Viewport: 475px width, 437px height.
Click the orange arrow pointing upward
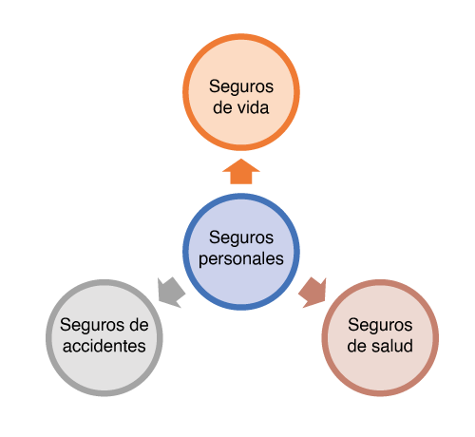[x=241, y=173]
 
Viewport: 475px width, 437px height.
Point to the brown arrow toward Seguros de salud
[x=312, y=292]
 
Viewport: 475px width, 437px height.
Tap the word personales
[x=241, y=258]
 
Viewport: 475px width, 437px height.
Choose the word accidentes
[x=104, y=346]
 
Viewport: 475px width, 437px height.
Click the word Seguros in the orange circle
[x=241, y=85]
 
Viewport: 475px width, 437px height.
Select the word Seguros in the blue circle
[x=241, y=237]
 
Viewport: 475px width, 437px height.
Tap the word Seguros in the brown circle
[x=380, y=324]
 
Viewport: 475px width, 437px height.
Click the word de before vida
[x=224, y=107]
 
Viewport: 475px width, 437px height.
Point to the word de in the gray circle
[x=138, y=324]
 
